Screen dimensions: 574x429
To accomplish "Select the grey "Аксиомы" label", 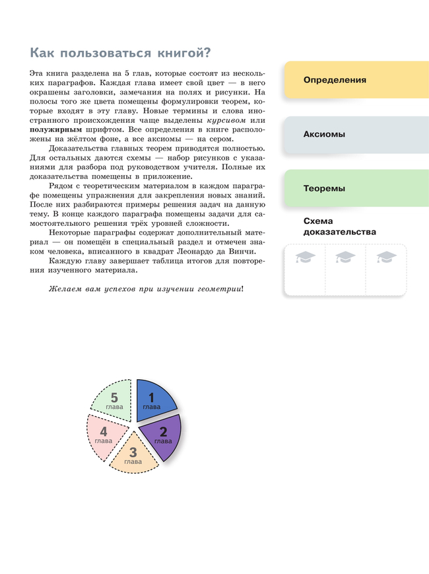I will tap(324, 134).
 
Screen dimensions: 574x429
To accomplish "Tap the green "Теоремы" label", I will tap(324, 188).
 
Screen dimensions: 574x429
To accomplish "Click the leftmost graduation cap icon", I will tap(306, 258).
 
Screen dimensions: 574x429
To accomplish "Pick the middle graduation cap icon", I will tap(345, 258).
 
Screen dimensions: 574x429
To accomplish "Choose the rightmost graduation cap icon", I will tap(385, 258).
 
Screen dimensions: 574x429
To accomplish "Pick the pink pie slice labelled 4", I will tap(104, 435).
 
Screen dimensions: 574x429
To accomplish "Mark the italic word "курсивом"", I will tap(226, 121).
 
